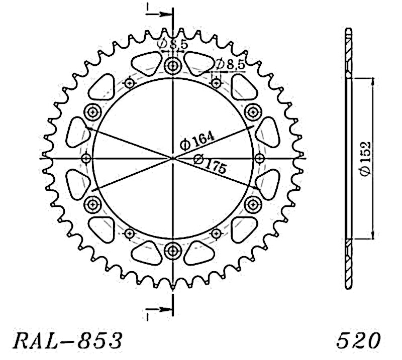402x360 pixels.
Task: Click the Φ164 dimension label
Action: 197,141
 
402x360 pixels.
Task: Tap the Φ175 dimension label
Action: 210,164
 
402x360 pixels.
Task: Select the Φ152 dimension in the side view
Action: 365,158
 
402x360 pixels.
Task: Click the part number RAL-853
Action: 68,340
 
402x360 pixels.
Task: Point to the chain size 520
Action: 358,340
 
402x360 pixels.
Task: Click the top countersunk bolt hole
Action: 173,66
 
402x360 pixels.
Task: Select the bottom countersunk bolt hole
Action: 173,251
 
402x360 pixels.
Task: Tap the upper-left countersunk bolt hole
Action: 93,112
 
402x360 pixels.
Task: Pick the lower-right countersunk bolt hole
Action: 253,204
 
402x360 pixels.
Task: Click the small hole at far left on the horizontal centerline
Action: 86,158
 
